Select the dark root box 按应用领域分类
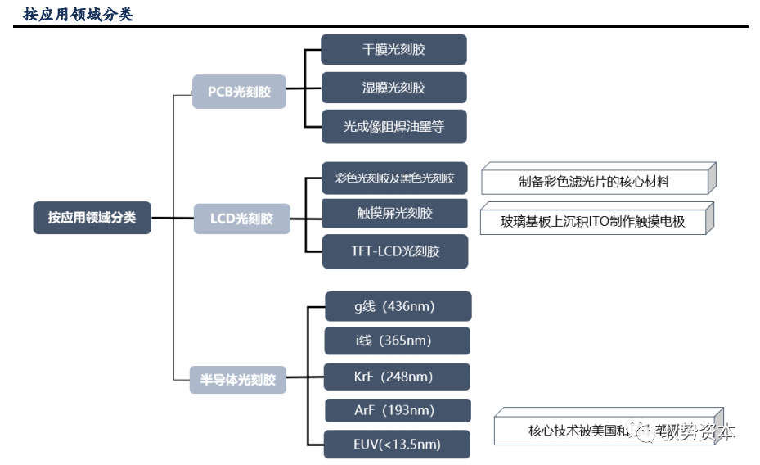pyautogui.click(x=92, y=218)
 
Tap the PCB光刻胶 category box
pyautogui.click(x=239, y=92)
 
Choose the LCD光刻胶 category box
pyautogui.click(x=241, y=219)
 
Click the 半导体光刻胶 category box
pyautogui.click(x=238, y=380)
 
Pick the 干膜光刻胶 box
pyautogui.click(x=393, y=49)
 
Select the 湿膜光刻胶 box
pyautogui.click(x=393, y=88)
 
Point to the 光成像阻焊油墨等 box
pyautogui.click(x=393, y=126)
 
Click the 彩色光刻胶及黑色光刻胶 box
pyautogui.click(x=394, y=178)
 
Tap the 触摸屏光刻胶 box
pyautogui.click(x=394, y=213)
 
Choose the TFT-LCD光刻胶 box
pyautogui.click(x=394, y=251)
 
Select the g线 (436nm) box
pyautogui.click(x=398, y=306)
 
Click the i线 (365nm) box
pyautogui.click(x=398, y=341)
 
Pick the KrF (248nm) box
pyautogui.click(x=398, y=377)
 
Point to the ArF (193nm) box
pyautogui.click(x=398, y=410)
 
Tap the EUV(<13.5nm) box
pyautogui.click(x=398, y=444)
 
